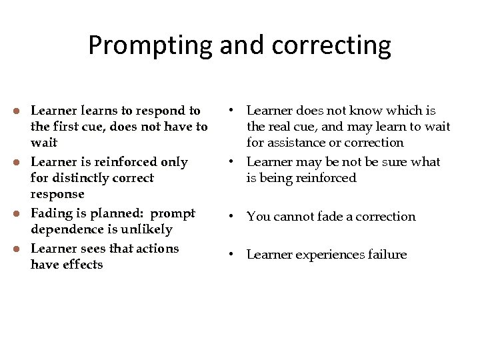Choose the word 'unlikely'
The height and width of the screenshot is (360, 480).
click(149, 229)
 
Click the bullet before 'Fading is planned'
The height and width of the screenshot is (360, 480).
click(21, 213)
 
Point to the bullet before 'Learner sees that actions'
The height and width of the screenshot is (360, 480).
click(21, 248)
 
